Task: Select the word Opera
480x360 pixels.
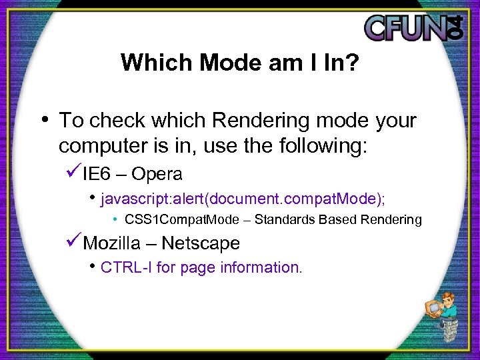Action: [x=157, y=174]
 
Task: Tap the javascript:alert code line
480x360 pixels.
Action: [x=243, y=198]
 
